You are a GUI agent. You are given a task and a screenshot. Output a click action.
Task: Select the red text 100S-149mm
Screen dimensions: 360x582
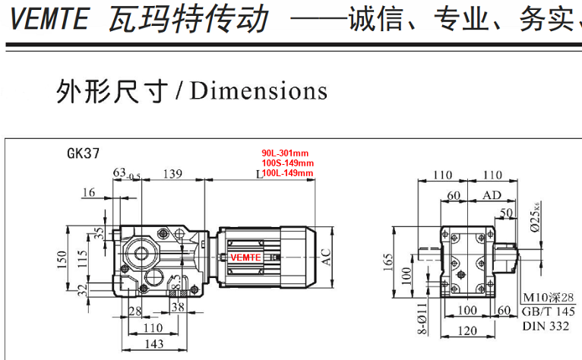click(287, 163)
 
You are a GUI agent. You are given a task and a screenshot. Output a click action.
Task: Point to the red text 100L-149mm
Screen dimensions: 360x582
click(287, 173)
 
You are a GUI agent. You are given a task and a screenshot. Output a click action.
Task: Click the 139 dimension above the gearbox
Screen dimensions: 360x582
click(174, 174)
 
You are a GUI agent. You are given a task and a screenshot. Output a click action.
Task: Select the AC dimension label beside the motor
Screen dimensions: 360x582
click(327, 258)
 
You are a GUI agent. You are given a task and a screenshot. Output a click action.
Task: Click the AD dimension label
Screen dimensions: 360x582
click(492, 196)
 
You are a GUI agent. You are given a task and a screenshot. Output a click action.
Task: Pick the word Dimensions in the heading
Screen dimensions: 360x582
click(259, 91)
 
